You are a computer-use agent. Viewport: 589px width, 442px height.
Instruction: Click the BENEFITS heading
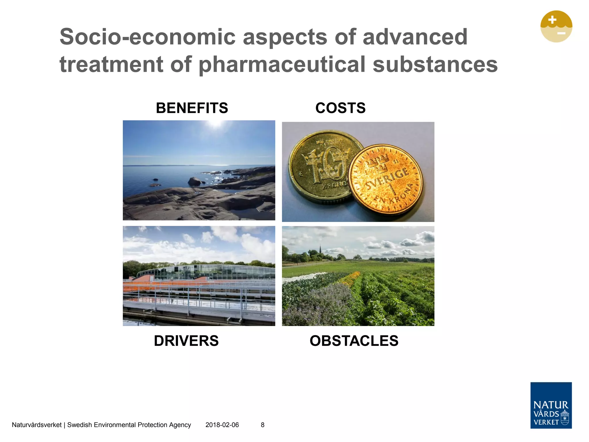point(192,108)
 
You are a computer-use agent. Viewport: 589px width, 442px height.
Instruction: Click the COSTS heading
point(340,108)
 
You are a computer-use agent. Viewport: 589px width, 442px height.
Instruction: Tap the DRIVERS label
point(186,341)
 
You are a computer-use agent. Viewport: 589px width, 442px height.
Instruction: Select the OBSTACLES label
point(354,341)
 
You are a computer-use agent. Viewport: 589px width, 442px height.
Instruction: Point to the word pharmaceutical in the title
point(282,64)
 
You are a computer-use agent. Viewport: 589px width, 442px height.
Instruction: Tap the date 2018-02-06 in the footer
point(222,425)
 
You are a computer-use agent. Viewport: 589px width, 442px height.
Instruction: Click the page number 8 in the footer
point(263,425)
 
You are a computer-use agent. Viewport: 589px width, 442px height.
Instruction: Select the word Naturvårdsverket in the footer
point(37,425)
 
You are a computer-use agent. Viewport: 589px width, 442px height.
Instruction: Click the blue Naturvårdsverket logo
point(551,405)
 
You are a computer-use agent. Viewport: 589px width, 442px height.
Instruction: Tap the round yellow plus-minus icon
point(556,26)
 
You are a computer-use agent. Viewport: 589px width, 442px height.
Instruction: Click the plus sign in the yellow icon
point(552,20)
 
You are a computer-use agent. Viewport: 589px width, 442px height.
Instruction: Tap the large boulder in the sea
point(194,181)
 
